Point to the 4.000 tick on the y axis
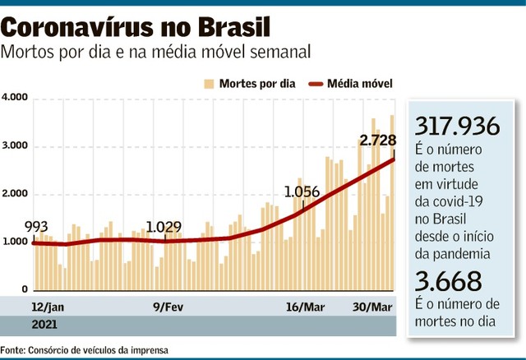pos(15,98)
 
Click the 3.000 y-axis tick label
pos(15,146)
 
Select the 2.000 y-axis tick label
pos(15,195)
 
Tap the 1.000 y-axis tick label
pos(15,242)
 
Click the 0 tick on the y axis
pos(25,289)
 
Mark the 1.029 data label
pos(164,226)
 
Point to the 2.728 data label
pos(377,141)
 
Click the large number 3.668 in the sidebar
pos(448,280)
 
